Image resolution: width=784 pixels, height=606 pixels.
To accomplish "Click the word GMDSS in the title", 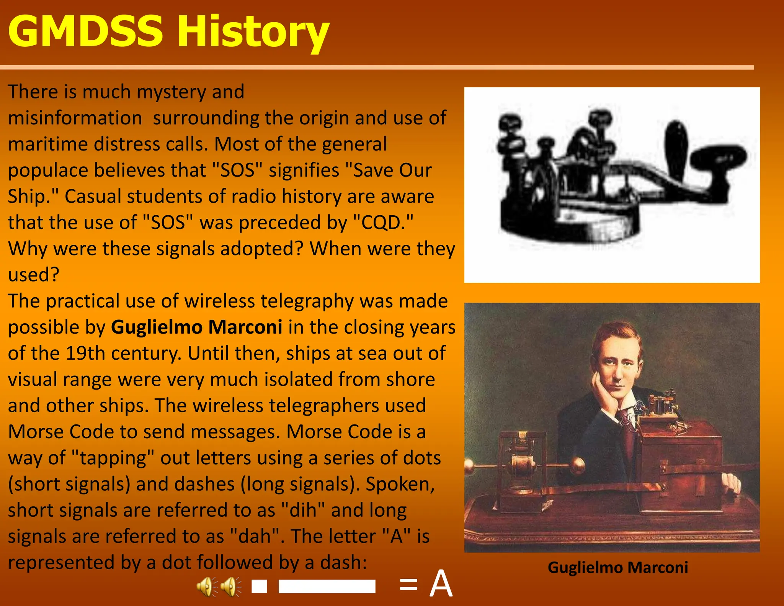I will coord(85,31).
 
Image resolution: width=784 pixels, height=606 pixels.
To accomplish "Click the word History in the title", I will coord(253,33).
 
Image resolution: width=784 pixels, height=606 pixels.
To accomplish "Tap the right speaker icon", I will coord(231,586).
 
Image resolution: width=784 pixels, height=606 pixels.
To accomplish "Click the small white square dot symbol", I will coord(259,586).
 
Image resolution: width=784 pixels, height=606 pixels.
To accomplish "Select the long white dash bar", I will coord(327,586).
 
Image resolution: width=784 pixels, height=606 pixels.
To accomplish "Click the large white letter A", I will coord(441,584).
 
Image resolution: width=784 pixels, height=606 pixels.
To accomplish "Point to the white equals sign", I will coord(408,585).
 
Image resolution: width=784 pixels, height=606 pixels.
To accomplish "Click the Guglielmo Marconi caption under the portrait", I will coord(617,567).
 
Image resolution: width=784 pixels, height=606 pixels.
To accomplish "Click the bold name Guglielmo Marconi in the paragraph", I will coord(197,328).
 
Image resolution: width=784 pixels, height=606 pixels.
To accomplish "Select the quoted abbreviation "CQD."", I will coord(383,223).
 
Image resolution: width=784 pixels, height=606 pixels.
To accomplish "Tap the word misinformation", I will coord(75,118).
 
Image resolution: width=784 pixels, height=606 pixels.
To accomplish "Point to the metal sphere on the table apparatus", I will coord(577,465).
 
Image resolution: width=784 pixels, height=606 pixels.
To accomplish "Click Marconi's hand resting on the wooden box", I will coord(731,485).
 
